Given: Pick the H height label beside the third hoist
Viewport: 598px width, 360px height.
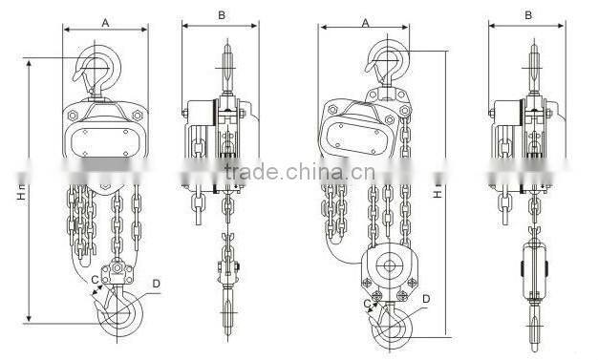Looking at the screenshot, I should pyautogui.click(x=438, y=193).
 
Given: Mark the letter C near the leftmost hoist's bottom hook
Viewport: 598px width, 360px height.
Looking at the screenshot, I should pyautogui.click(x=95, y=280).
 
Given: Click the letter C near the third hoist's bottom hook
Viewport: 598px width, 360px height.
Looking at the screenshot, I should pyautogui.click(x=366, y=303).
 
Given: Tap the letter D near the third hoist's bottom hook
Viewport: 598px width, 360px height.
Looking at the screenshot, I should pyautogui.click(x=426, y=300).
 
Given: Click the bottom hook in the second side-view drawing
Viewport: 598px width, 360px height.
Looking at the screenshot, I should pyautogui.click(x=226, y=315).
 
